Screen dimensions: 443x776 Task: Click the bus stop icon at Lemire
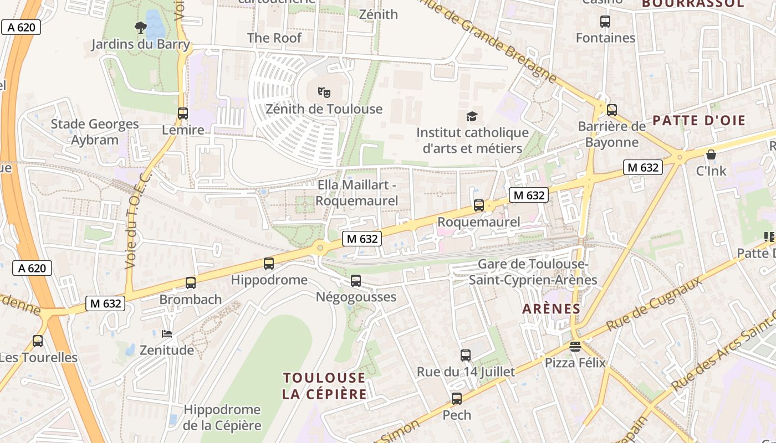coord(183,114)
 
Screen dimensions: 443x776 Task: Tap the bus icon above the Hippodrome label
coord(269,264)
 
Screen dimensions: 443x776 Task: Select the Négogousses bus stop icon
coord(356,281)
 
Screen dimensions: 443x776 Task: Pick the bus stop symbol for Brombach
coord(191,283)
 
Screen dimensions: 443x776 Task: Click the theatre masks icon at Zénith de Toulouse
coord(324,92)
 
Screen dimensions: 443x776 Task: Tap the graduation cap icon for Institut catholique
coord(472,116)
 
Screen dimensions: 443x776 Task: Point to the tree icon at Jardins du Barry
coord(141,27)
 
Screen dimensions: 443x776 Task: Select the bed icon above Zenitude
coord(167,334)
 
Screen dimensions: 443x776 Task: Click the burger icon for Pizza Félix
coord(575,347)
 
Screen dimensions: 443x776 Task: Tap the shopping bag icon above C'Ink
coord(711,154)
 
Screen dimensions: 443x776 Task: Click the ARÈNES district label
coord(551,309)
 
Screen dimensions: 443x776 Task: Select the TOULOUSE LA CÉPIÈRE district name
coord(324,386)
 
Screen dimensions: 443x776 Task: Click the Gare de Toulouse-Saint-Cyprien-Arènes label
coord(533,272)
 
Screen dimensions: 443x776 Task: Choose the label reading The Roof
coord(274,38)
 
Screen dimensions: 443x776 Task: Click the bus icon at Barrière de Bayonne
coord(612,110)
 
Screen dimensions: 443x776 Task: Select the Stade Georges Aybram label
coord(95,132)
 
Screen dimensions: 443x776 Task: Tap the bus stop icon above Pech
coord(457,398)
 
